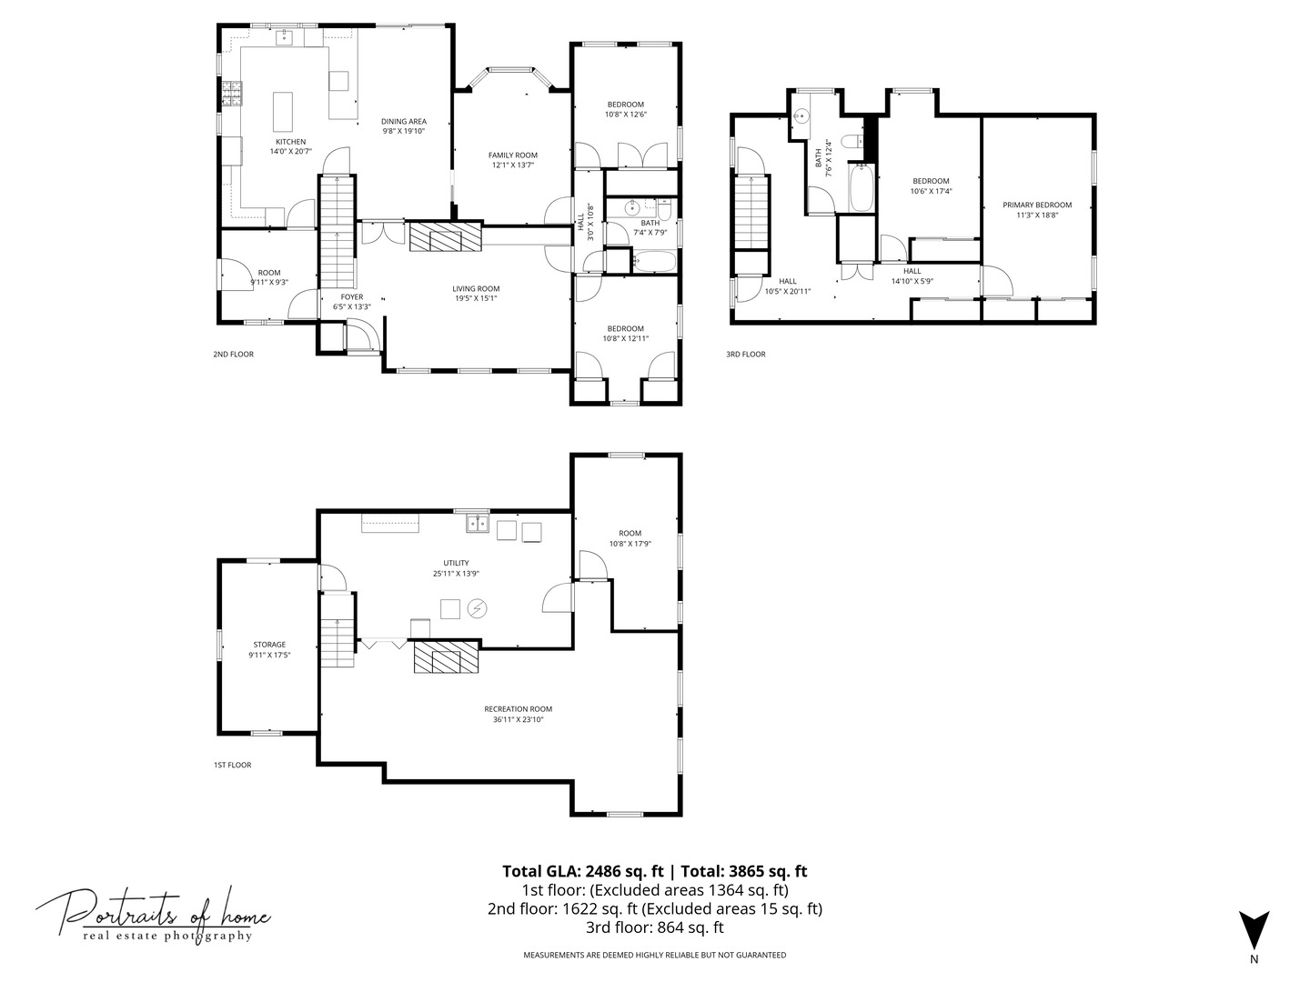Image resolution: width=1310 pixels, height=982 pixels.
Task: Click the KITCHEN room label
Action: point(290,142)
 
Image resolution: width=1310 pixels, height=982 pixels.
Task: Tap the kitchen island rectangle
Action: point(283,112)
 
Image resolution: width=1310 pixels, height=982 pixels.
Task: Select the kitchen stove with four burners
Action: point(232,94)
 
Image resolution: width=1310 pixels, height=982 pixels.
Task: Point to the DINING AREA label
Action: point(404,122)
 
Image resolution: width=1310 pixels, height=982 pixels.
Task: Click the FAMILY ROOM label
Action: point(513,155)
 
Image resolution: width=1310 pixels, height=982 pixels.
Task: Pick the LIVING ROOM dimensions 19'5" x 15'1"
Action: point(475,299)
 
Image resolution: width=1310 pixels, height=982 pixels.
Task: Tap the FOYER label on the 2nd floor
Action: point(352,297)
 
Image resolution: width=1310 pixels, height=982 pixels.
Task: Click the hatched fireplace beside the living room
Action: point(445,236)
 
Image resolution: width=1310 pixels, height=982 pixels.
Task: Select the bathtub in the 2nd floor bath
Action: point(654,261)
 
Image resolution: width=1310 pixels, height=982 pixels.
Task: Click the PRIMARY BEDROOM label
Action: point(1037,205)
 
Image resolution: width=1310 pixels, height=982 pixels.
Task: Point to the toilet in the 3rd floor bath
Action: point(851,141)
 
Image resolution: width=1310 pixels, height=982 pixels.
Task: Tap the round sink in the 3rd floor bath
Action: point(801,115)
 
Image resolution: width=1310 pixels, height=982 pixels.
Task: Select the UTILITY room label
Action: point(456,563)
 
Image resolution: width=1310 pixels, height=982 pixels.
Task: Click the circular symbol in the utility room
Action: point(477,609)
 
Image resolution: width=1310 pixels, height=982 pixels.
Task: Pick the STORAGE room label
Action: point(269,645)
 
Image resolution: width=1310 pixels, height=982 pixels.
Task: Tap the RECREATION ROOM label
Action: point(518,709)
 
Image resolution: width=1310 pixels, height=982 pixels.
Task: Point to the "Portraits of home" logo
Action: point(153,916)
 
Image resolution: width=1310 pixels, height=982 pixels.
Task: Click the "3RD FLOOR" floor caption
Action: point(745,355)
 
